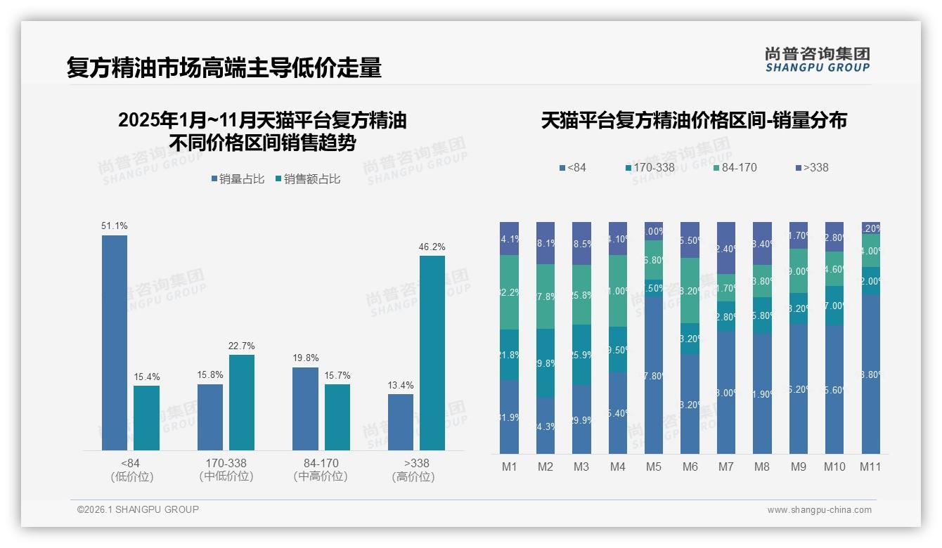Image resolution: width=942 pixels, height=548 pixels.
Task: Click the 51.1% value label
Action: tap(115, 226)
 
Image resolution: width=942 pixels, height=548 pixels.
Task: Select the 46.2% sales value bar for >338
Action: tap(432, 353)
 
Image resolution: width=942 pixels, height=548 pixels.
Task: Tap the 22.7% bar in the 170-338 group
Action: tap(242, 402)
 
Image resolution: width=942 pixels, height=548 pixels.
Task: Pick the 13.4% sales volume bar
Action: tap(401, 422)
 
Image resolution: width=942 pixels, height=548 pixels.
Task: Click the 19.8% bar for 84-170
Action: tap(305, 408)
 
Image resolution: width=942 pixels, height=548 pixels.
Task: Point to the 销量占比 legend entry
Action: tap(238, 179)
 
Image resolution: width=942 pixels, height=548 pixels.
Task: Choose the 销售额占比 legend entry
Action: tap(308, 179)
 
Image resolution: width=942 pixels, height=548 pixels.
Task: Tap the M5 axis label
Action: tap(653, 467)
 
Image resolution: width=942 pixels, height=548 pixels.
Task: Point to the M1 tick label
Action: tap(509, 467)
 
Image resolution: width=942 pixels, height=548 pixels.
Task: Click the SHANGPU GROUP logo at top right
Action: tap(817, 60)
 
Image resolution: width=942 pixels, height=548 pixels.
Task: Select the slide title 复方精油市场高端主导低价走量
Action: tap(224, 67)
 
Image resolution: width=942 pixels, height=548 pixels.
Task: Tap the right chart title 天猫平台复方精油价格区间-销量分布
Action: tap(694, 120)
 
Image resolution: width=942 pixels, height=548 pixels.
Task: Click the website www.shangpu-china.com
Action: tap(819, 510)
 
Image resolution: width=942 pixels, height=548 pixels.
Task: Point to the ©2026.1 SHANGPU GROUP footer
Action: tap(138, 509)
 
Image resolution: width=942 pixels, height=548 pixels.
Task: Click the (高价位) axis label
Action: tap(413, 476)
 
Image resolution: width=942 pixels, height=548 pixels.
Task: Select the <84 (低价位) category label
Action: tap(131, 470)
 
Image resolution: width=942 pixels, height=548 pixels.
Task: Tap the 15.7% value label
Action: tap(337, 376)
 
